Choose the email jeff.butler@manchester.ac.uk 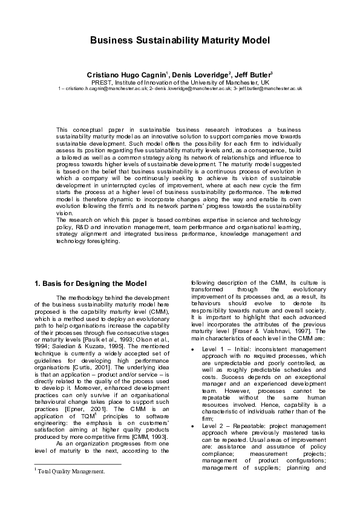click(x=270, y=88)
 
